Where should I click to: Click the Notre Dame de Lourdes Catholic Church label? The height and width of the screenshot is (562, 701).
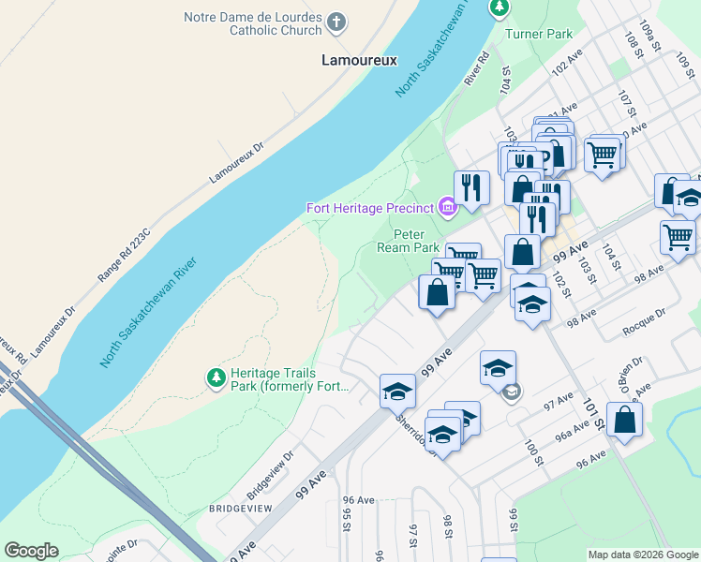pos(252,23)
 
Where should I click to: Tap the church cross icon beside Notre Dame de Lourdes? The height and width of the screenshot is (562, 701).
pos(337,20)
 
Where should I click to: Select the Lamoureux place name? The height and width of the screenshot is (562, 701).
pos(359,60)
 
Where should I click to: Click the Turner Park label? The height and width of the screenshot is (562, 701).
pos(538,35)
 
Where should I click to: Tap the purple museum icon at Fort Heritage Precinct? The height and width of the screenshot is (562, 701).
pos(448,207)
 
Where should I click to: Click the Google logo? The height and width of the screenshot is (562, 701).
pos(31,551)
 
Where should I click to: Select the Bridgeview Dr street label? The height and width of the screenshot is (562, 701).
pos(271,473)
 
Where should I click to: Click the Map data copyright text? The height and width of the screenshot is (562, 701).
pos(642,555)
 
